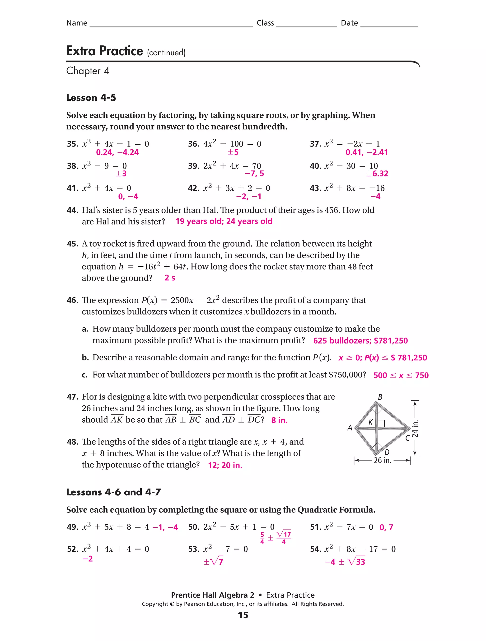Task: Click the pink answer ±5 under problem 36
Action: [233, 152]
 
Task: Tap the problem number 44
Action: [72, 210]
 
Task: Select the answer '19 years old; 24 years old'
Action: [224, 222]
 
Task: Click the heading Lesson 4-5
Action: [91, 98]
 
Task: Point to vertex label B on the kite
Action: [380, 397]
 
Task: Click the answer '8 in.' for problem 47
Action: [279, 420]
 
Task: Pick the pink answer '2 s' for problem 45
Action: [170, 278]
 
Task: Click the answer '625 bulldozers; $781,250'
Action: [360, 341]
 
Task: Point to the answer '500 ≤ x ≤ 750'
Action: [401, 376]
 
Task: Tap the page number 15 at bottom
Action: [243, 615]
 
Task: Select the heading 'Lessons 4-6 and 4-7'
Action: [113, 492]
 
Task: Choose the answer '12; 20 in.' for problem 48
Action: [225, 465]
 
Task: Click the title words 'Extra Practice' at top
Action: [105, 51]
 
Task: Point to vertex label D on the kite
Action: [387, 452]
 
